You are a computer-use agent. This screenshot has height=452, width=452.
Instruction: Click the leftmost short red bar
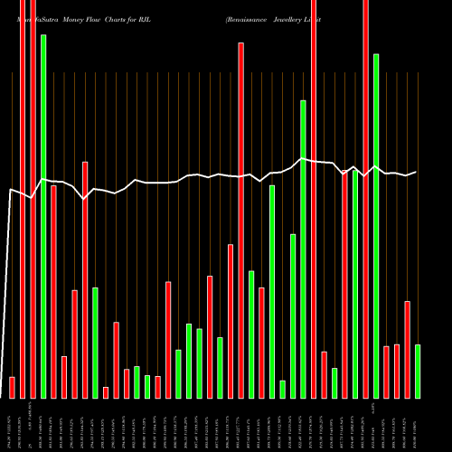(12, 387)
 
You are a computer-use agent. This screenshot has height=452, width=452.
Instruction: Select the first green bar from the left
(43, 217)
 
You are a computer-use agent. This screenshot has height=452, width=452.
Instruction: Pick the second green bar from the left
(95, 343)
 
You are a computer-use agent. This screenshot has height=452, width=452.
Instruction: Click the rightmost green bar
(418, 371)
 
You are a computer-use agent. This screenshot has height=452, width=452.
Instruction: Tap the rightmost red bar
(407, 349)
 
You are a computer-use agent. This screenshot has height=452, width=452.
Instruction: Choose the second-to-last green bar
(376, 226)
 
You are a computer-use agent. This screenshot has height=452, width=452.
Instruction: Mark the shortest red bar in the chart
(106, 392)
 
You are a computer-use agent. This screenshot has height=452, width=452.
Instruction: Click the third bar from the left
(33, 199)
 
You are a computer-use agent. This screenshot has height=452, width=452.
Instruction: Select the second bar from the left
(23, 199)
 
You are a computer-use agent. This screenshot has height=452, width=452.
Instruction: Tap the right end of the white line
(416, 172)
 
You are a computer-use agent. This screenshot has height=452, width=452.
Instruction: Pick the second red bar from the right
(397, 371)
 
